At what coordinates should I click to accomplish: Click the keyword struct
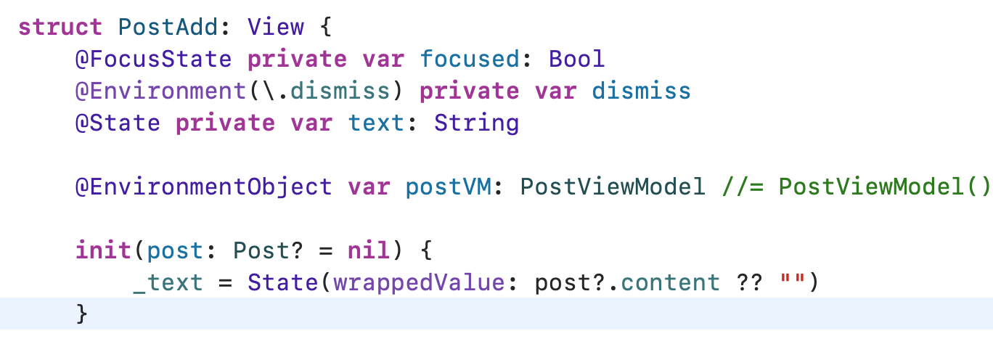(60, 28)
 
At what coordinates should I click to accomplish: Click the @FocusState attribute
(153, 60)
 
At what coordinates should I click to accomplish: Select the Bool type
(577, 60)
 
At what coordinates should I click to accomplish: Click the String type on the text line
(476, 123)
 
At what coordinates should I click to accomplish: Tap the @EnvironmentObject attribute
(203, 187)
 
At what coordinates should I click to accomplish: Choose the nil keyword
(369, 251)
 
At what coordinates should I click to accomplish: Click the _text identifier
(168, 283)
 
